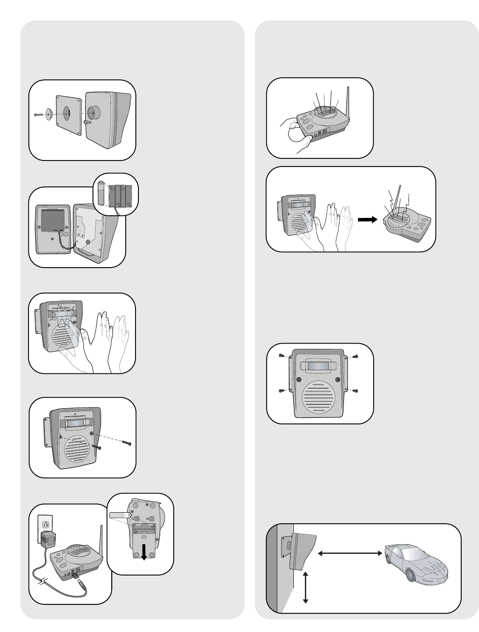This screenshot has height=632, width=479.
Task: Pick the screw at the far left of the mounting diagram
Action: pos(38,115)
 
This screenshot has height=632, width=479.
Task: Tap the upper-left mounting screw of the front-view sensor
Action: pos(282,356)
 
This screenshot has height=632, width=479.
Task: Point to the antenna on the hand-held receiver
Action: pos(348,102)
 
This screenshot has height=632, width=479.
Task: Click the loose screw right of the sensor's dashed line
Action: pos(127,443)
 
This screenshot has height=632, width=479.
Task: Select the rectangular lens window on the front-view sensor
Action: pos(319,367)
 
